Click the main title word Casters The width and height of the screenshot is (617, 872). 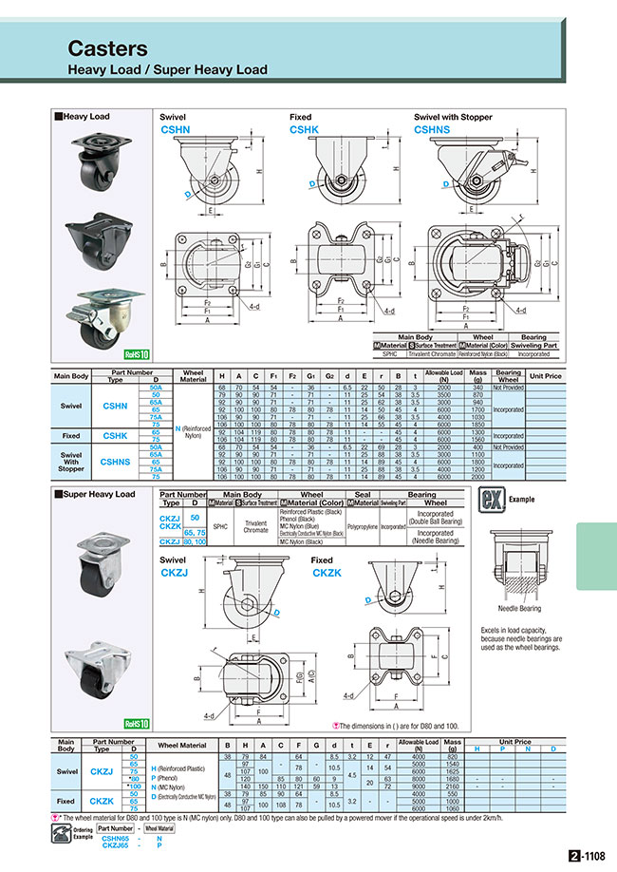point(107,48)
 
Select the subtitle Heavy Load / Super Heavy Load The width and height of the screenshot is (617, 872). point(167,69)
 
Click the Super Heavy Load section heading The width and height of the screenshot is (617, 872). point(95,494)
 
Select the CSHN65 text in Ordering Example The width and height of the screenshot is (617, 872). point(115,839)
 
